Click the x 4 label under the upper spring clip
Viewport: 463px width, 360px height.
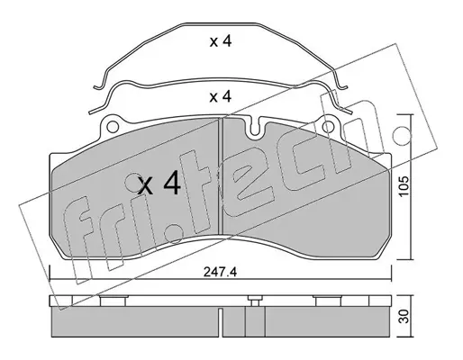pos(221,41)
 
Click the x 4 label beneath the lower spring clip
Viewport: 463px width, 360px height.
pos(221,96)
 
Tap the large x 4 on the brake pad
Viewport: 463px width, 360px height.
pos(159,184)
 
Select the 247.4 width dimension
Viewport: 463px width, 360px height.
pos(220,272)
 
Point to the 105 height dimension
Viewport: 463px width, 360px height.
pos(404,186)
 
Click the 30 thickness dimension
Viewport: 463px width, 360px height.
pos(404,317)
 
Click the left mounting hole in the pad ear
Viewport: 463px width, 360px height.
pos(113,127)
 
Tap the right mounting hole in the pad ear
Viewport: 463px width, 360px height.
pos(329,127)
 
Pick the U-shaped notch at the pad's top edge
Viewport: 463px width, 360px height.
pos(255,129)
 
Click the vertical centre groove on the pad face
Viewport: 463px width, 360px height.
pos(221,176)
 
